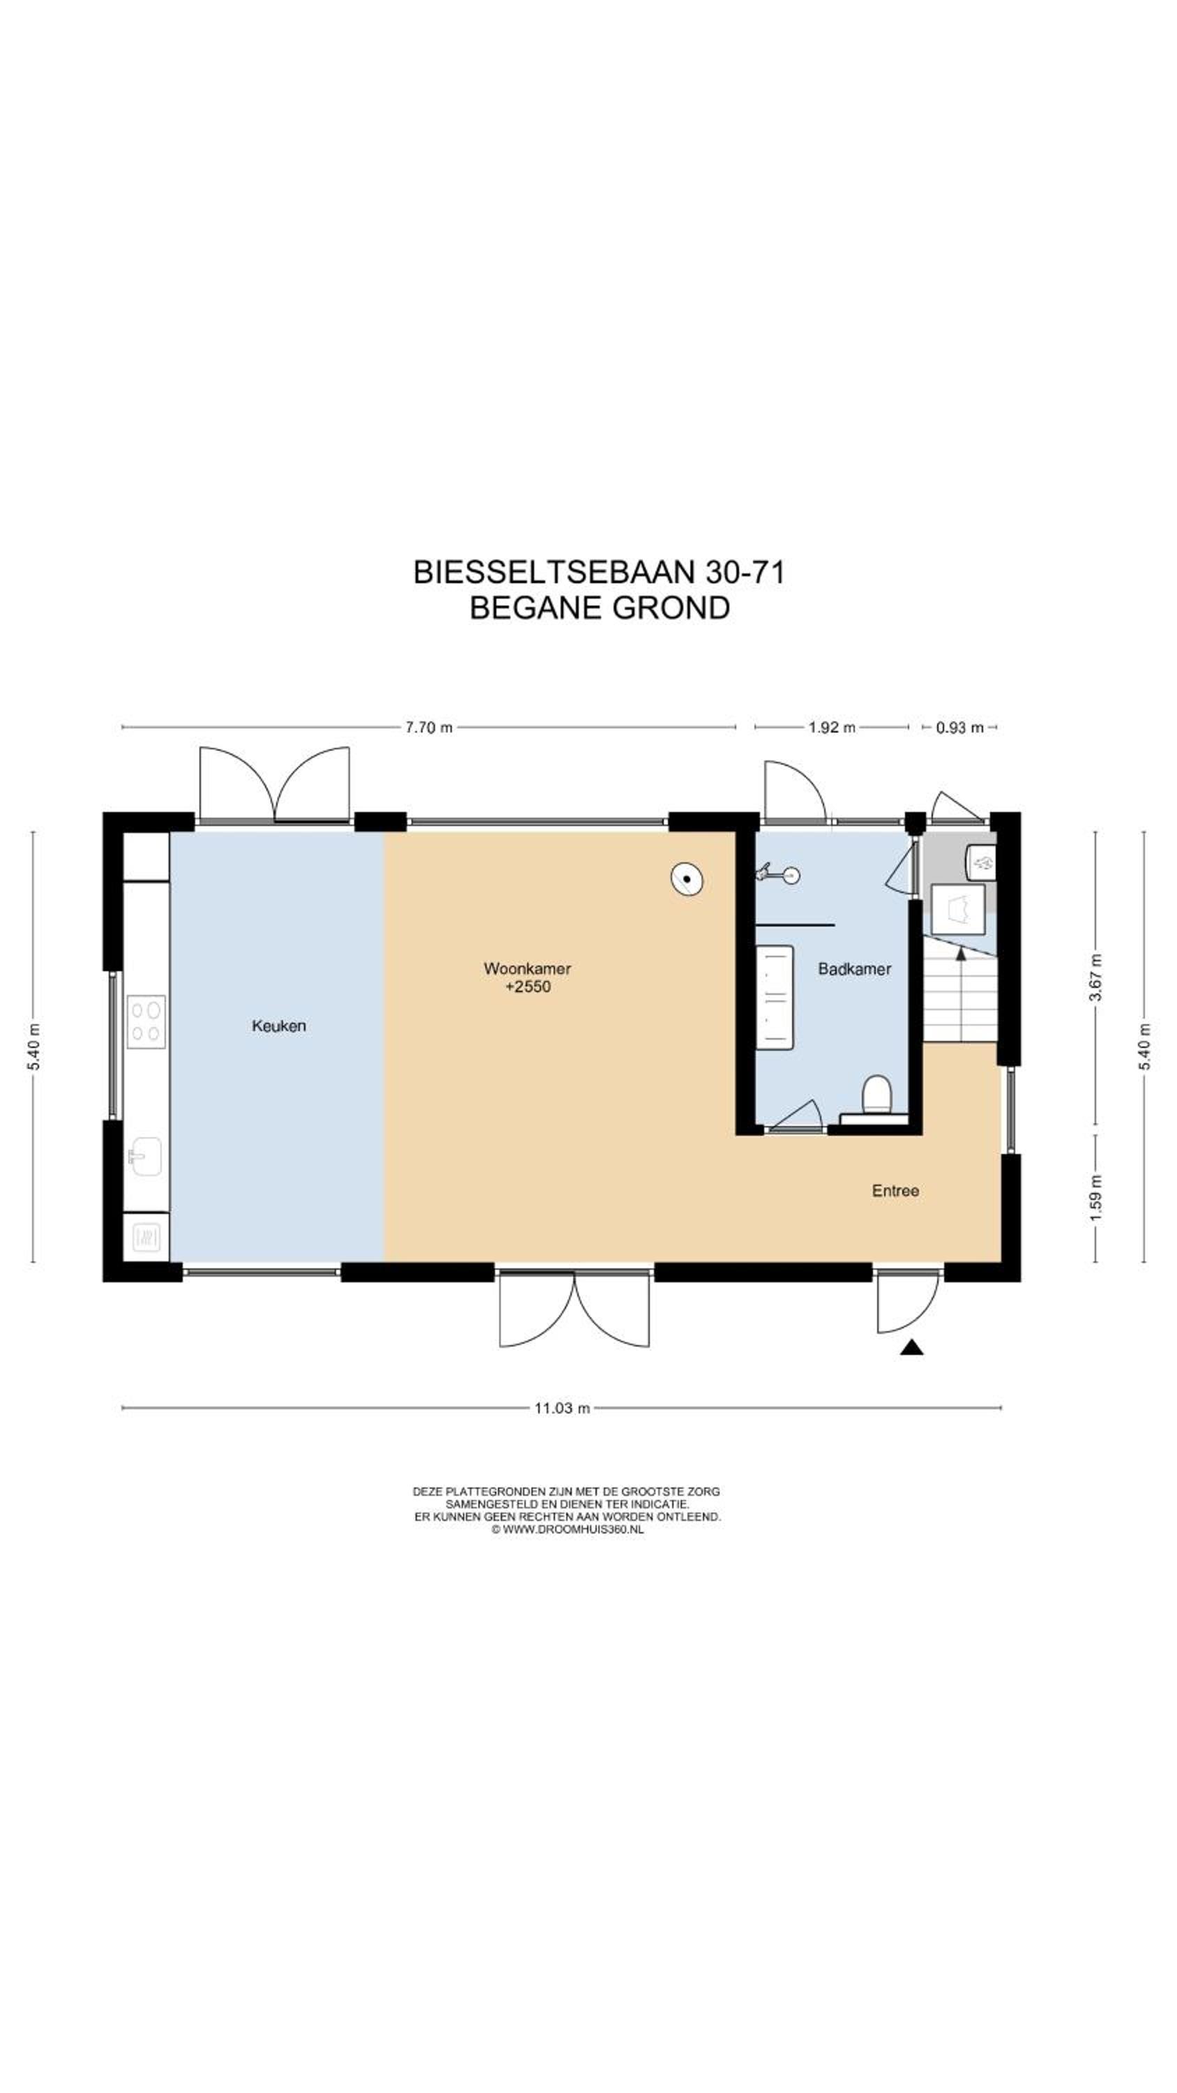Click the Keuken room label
279,1026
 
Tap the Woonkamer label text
527,968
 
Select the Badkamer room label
855,968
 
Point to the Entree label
895,1190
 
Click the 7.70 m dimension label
429,727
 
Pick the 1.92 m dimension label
832,727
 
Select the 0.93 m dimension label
959,727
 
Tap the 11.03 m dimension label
561,1408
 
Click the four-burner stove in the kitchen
146,1021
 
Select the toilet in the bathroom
876,1097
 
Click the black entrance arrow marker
912,1348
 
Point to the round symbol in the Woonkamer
686,879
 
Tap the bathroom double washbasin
774,997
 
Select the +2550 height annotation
528,987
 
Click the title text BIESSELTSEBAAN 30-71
599,572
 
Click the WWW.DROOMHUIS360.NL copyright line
567,1529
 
